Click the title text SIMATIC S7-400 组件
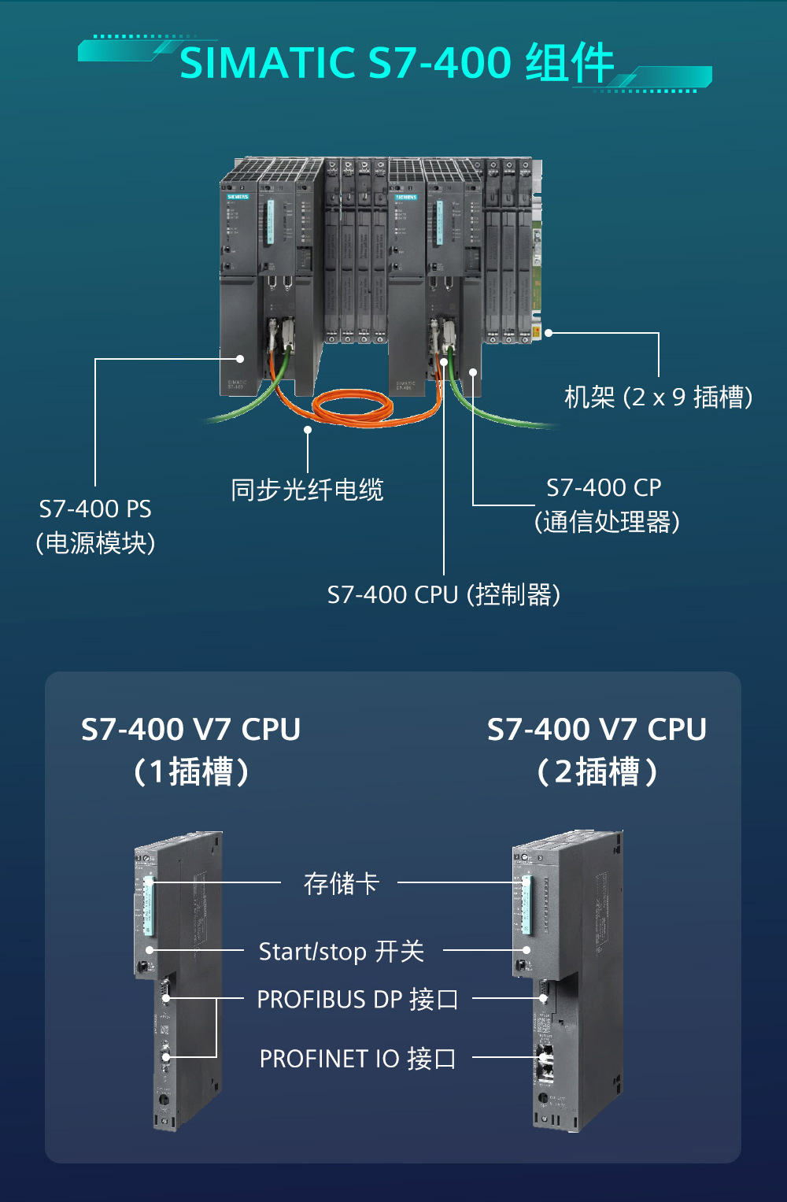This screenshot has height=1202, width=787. coord(396,63)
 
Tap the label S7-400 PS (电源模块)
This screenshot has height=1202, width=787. coord(95,526)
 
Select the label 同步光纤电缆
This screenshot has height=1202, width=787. coord(307,490)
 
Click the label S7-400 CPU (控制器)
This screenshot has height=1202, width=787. coord(444,594)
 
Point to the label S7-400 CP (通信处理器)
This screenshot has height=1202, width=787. coord(606,505)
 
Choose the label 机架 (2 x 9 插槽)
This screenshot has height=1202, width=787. coord(658,397)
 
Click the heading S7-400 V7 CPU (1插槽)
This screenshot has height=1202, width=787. coord(191,749)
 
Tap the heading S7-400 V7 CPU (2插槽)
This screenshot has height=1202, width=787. coord(597,749)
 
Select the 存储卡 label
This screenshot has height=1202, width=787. coord(341,883)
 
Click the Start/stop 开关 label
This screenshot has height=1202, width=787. coord(341,951)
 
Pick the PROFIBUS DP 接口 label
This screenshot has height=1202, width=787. coord(357,999)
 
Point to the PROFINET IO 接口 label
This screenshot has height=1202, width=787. coord(357,1059)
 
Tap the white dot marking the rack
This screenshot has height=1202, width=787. coord(549,333)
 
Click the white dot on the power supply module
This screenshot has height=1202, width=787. coord(240,359)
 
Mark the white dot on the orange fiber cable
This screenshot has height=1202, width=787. coord(308,430)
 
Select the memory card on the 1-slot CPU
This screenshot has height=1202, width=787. coord(148,905)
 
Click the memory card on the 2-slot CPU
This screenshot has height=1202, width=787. coord(527,905)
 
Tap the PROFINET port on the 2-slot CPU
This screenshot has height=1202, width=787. coord(544,1059)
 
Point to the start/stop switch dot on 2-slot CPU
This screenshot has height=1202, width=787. coord(527,950)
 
